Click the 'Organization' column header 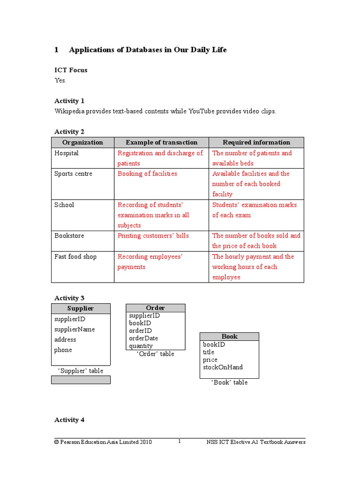click(82, 142)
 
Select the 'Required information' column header click(256, 142)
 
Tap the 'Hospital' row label click(67, 153)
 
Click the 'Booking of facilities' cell click(147, 174)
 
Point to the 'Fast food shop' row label click(75, 257)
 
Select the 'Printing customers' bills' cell click(153, 236)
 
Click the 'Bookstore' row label click(69, 236)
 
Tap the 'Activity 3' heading click(69, 298)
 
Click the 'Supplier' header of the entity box click(81, 308)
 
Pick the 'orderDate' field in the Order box click(143, 338)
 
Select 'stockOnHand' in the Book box click(223, 367)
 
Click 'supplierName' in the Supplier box click(75, 330)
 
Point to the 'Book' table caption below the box click(229, 382)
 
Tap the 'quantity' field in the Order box click(141, 346)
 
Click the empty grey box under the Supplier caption click(81, 380)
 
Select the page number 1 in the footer click(180, 442)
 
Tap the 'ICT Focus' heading click(71, 70)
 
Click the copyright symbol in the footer click(57, 442)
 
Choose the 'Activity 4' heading click(69, 420)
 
